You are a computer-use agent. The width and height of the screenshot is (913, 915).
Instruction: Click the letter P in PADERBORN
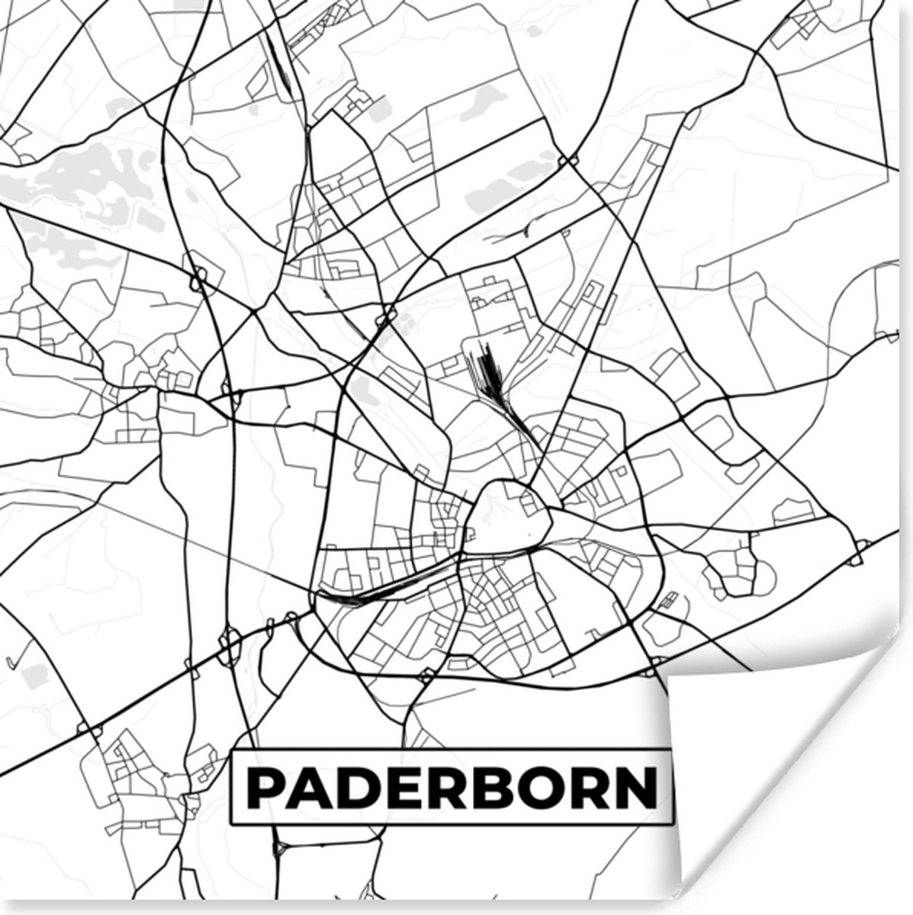pos(264,788)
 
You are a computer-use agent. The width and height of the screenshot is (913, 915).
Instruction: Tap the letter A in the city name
pos(309,788)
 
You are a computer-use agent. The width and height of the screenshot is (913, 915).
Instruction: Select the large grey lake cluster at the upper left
pos(92,179)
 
